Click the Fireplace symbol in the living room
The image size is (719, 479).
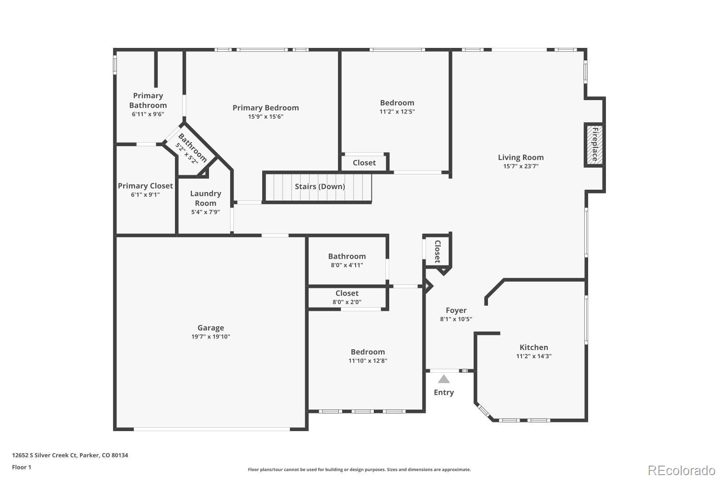pyautogui.click(x=594, y=145)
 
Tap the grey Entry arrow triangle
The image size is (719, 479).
pyautogui.click(x=444, y=379)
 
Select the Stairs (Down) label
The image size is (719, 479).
pyautogui.click(x=320, y=186)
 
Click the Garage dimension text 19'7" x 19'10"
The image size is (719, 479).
pyautogui.click(x=210, y=337)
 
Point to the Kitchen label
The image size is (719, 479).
pyautogui.click(x=533, y=347)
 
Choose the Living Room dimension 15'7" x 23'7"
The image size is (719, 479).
pyautogui.click(x=521, y=166)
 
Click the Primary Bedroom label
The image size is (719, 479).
pyautogui.click(x=266, y=108)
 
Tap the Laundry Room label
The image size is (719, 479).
pyautogui.click(x=205, y=198)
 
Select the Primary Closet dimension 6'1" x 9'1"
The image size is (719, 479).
pyautogui.click(x=145, y=195)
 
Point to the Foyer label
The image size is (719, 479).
pyautogui.click(x=456, y=310)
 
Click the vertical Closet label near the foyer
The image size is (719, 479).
pyautogui.click(x=438, y=251)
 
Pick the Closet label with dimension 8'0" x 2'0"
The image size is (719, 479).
pyautogui.click(x=347, y=293)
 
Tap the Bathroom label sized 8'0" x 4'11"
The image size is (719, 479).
pyautogui.click(x=347, y=256)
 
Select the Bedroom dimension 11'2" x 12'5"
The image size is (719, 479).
pyautogui.click(x=397, y=112)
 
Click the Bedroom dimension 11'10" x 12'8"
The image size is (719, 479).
pyautogui.click(x=368, y=361)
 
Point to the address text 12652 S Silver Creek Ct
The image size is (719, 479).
pyautogui.click(x=70, y=456)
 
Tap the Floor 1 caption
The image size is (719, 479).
pyautogui.click(x=22, y=467)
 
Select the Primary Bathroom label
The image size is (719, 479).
pyautogui.click(x=148, y=101)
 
